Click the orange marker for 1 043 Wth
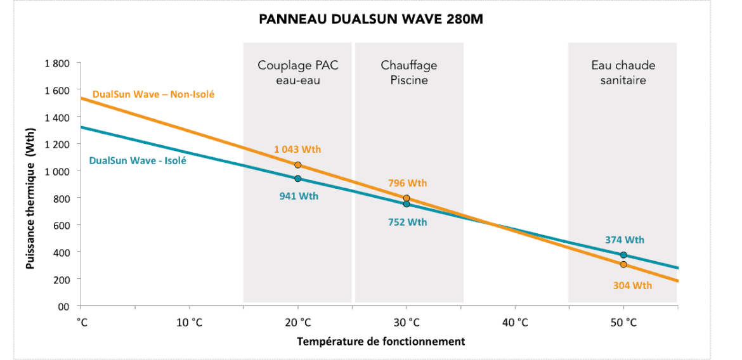297,165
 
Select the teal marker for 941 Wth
297,179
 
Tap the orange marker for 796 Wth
407,198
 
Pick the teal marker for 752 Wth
407,204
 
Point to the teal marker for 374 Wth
623,255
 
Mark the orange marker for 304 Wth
623,264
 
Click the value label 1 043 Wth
297,150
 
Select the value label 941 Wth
299,196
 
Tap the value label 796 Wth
407,183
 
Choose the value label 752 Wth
407,222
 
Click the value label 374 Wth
625,240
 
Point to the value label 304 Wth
632,285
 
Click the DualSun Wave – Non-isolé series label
153,94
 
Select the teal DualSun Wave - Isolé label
138,161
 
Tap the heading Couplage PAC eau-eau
297,73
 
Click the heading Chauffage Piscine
409,73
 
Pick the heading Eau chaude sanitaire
623,73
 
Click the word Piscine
409,80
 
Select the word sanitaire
623,80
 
